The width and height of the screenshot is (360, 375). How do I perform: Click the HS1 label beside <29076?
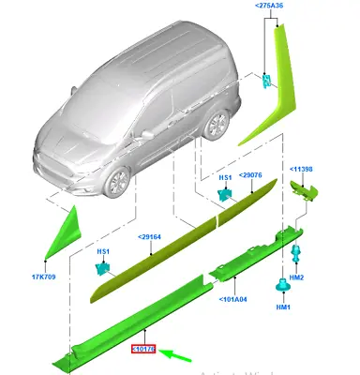(x=226, y=176)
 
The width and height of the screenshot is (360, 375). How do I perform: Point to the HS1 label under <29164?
(x=100, y=252)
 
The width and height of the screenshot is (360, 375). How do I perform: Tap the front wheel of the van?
(x=120, y=184)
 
